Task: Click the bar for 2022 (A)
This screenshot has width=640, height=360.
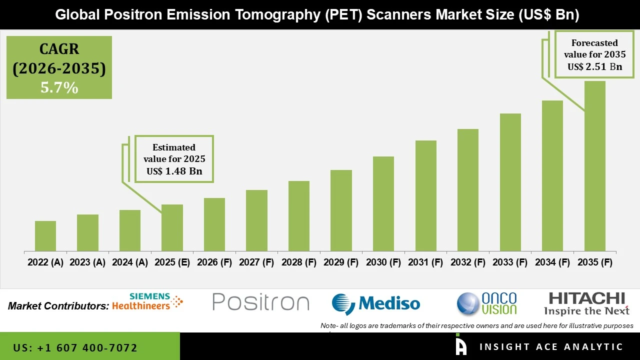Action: point(45,236)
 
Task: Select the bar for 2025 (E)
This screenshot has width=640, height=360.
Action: point(172,228)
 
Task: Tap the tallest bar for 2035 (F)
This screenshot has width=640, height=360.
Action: point(594,166)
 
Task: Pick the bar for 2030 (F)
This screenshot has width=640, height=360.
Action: point(383,204)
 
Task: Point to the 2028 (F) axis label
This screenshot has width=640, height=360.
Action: point(299,262)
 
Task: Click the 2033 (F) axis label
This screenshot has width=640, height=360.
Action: point(510,262)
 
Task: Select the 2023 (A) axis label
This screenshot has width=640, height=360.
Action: point(87,262)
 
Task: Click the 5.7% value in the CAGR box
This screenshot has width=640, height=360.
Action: point(59,88)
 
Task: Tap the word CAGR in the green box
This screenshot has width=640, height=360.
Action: point(59,49)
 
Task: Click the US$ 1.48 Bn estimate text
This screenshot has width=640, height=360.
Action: point(174,171)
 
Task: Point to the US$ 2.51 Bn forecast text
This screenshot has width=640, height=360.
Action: point(595,66)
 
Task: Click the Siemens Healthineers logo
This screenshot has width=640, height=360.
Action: point(148,301)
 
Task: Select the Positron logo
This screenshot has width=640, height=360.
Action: point(260,302)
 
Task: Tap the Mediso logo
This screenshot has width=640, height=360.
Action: point(376,303)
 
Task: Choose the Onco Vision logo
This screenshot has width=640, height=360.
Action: point(487,303)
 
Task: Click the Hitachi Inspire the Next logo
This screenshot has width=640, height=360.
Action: point(586,303)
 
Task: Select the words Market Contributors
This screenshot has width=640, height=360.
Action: point(58,305)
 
